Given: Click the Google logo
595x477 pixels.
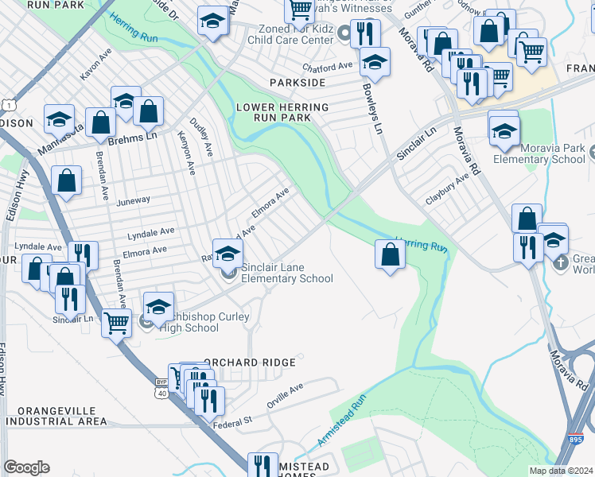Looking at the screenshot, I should tap(26, 467).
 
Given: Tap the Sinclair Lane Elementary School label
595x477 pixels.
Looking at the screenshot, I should tap(286, 273).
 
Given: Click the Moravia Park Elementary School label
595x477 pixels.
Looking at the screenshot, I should tap(550, 153).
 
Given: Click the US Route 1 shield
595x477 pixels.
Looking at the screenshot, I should tap(8, 104).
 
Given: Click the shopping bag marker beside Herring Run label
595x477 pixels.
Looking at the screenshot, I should tap(389, 255).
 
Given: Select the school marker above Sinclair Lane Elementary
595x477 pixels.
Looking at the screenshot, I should tap(227, 254).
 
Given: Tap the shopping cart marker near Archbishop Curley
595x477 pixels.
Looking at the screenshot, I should tap(116, 323).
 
